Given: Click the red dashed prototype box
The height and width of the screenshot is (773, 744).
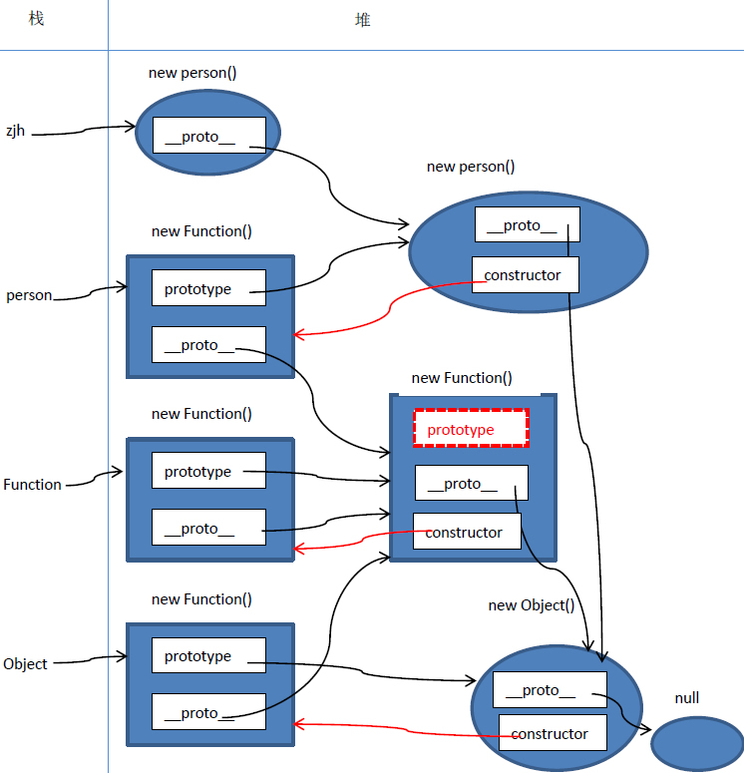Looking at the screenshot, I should click(x=471, y=429).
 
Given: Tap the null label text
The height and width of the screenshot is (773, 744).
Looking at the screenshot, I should click(x=686, y=698).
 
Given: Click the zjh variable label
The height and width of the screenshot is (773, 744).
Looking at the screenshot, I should click(x=15, y=130).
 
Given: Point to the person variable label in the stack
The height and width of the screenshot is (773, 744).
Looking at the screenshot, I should click(x=28, y=295).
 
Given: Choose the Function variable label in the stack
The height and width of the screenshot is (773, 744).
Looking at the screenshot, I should click(x=32, y=485).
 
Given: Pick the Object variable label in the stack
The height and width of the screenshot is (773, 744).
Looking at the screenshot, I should click(x=25, y=663).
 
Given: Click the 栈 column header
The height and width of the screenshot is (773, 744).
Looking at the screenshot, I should click(x=36, y=19).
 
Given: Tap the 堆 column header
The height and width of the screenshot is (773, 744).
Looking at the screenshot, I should click(x=362, y=19).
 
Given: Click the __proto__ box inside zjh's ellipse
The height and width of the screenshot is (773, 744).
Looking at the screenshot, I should click(x=208, y=136).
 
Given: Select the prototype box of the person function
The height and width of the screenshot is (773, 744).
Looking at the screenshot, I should click(x=208, y=288).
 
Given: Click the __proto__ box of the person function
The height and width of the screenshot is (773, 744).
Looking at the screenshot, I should click(x=208, y=344).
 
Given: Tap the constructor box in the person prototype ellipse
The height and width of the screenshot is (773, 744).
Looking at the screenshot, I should click(x=525, y=274).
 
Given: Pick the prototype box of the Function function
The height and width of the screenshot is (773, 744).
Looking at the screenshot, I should click(x=208, y=471).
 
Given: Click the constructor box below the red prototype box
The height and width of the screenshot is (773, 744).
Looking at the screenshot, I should click(x=466, y=532).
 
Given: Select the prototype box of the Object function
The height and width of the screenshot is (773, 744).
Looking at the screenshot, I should click(x=208, y=655).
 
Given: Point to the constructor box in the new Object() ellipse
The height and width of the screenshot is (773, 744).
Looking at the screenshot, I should click(x=552, y=733).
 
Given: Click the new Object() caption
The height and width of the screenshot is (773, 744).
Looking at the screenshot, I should click(x=531, y=605).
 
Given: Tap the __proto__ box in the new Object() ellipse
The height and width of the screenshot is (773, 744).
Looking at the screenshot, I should click(x=550, y=689).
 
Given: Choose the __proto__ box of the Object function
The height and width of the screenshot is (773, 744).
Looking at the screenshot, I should click(x=208, y=712).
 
